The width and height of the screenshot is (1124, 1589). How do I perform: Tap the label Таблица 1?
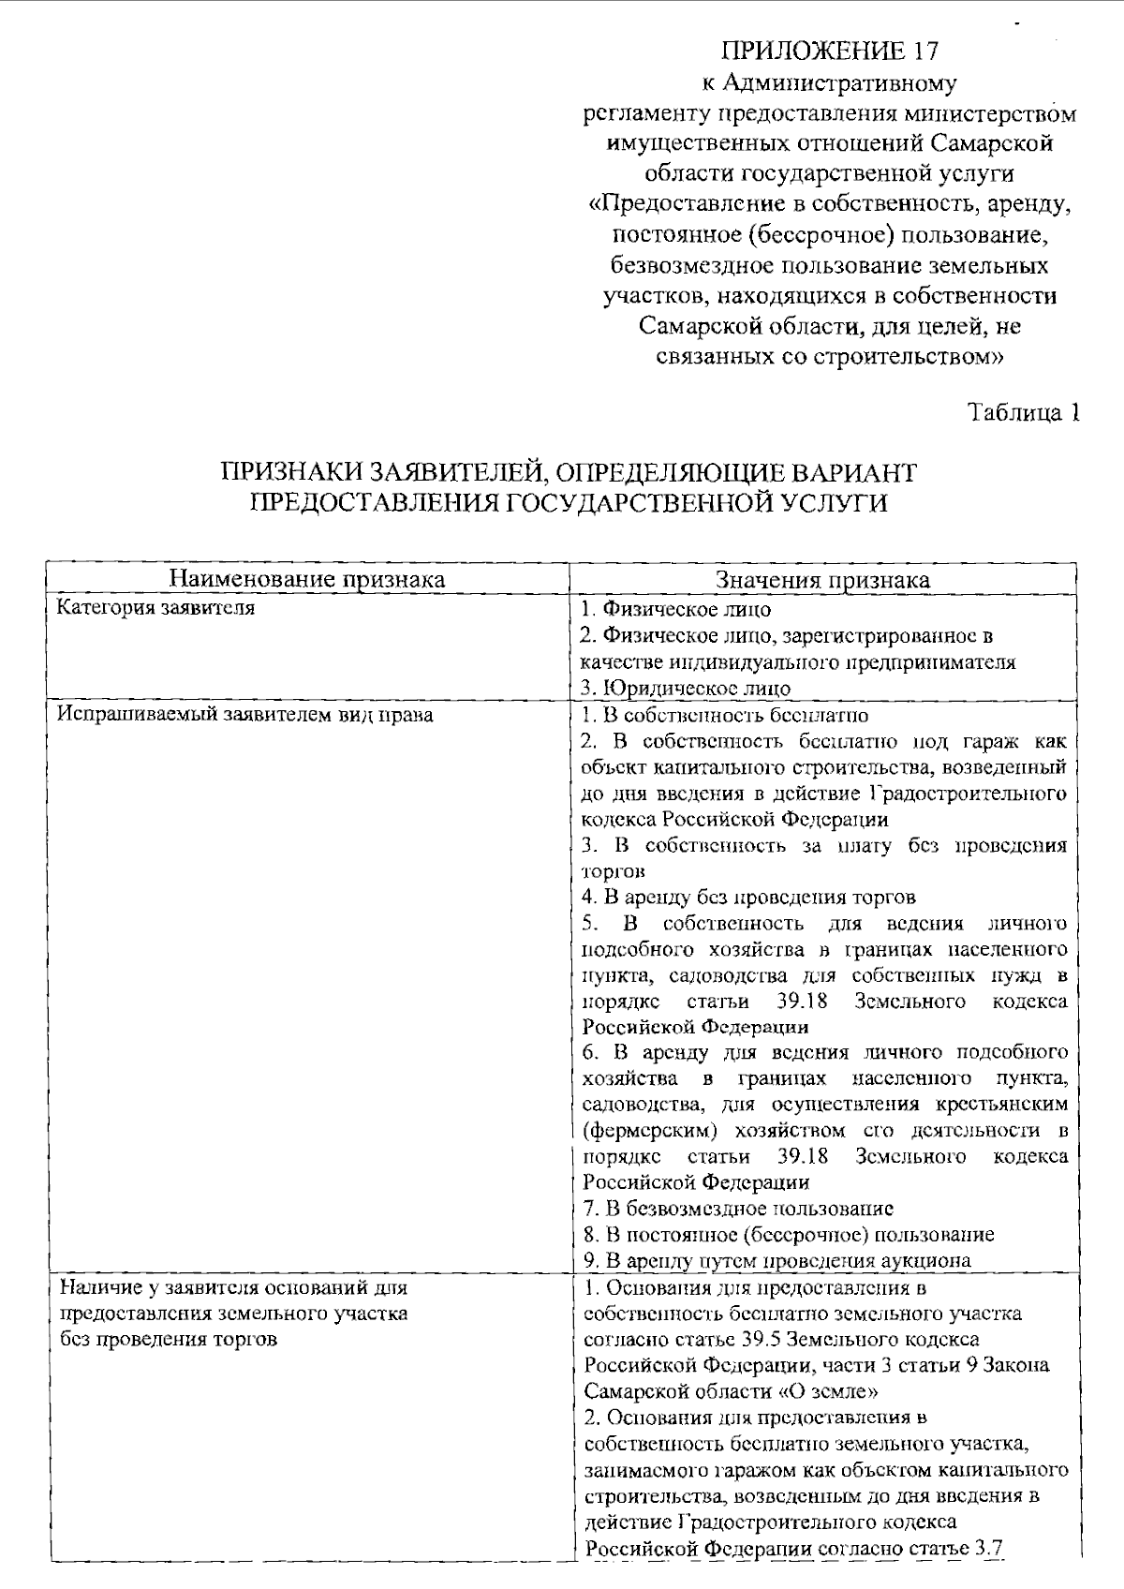point(1024,413)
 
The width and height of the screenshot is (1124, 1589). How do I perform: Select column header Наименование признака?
point(307,579)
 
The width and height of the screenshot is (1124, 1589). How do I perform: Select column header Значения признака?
point(822,579)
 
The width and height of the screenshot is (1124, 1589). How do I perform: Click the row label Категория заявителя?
point(155,608)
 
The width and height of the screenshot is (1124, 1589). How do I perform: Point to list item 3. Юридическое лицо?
point(686,688)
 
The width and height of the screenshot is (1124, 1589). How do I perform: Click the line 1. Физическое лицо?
point(675,609)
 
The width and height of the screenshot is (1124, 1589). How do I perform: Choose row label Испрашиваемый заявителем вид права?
point(244,715)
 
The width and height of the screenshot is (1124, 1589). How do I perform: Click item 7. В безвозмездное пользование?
point(737,1209)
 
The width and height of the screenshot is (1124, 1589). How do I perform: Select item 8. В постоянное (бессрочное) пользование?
point(788,1235)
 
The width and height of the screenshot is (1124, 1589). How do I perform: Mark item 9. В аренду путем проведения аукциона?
point(776,1261)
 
